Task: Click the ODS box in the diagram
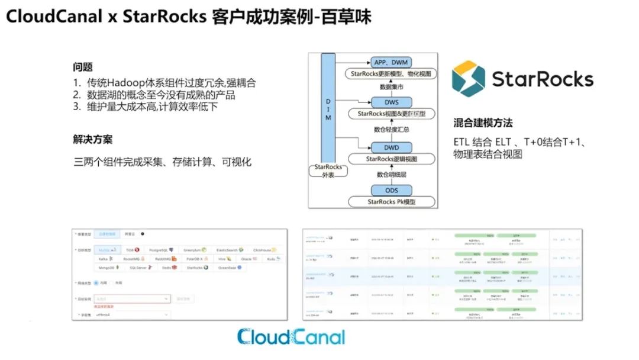pos(391,190)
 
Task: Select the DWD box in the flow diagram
pos(391,147)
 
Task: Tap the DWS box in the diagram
pos(391,102)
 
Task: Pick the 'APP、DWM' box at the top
pos(391,62)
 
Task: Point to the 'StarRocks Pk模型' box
pos(391,202)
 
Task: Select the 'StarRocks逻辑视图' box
pos(391,159)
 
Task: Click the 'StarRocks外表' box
pos(328,171)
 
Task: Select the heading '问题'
pos(82,67)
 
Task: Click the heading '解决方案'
pos(93,140)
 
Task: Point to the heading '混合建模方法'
pos(483,123)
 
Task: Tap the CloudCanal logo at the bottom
pos(291,337)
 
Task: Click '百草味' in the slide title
pos(351,17)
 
